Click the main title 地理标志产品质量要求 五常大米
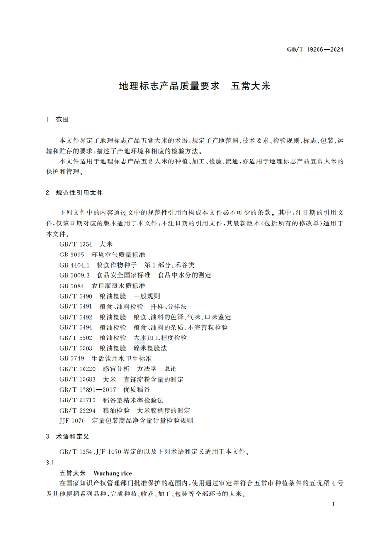194,87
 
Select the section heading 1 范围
58,119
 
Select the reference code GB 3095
72,255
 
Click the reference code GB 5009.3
75,275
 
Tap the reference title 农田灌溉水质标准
118,286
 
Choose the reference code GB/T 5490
76,296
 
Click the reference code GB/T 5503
76,348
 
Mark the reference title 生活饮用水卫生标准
121,358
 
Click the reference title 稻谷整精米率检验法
133,400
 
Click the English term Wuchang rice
112,473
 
